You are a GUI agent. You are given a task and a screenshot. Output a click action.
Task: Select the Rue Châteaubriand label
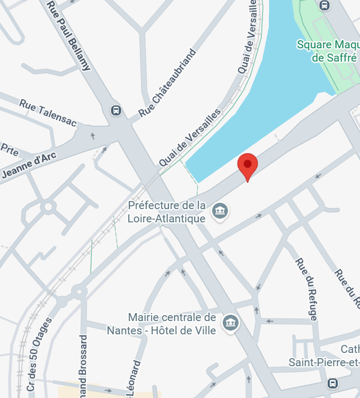click(x=168, y=83)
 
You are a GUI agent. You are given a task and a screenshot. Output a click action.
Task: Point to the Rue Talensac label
click(x=48, y=113)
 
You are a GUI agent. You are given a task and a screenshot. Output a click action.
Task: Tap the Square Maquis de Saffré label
click(x=329, y=51)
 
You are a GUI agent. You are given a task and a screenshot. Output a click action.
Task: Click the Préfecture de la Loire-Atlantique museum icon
click(x=219, y=211)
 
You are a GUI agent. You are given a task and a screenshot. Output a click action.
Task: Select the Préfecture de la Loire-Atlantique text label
click(x=166, y=212)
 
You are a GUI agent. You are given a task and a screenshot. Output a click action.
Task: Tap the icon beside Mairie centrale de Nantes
click(x=231, y=322)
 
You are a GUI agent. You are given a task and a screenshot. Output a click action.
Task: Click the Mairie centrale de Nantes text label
click(x=162, y=324)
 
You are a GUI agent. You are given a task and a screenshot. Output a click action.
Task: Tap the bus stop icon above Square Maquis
click(x=324, y=5)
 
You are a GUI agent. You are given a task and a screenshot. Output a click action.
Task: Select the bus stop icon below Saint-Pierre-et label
click(x=332, y=383)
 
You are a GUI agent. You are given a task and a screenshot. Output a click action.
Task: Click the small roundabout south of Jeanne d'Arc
click(x=48, y=206)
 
